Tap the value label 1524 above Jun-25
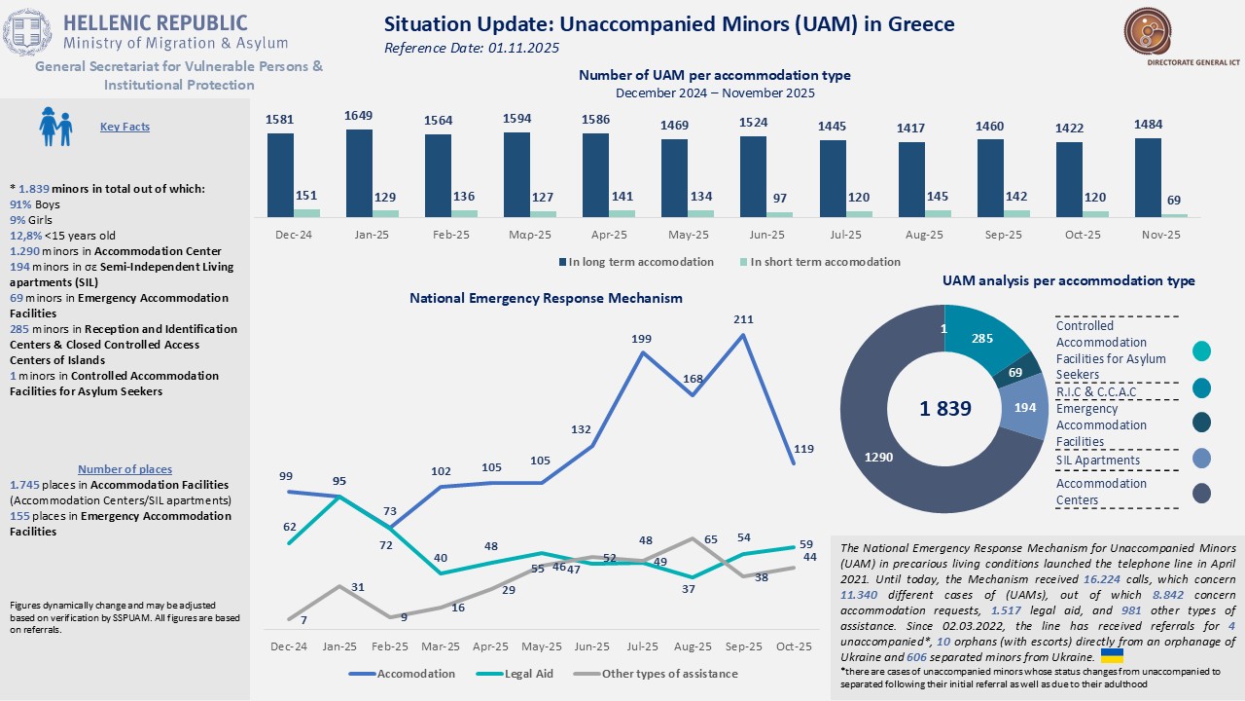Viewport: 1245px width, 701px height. tap(753, 124)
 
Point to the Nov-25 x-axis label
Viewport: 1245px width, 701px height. tap(1160, 235)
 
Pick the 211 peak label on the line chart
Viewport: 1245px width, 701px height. tap(743, 318)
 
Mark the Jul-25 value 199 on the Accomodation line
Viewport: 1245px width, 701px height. tap(641, 339)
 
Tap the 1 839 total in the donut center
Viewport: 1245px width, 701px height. tap(945, 409)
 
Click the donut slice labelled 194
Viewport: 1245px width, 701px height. tap(1025, 407)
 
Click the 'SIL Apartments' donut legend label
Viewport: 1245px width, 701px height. tap(1097, 460)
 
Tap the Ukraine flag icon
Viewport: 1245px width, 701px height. tap(1112, 656)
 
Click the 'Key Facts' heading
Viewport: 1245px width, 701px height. tap(124, 127)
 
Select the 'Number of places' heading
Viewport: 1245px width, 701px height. tap(124, 469)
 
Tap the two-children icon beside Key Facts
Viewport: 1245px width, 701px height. tap(55, 127)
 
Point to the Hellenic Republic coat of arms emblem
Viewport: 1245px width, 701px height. tap(27, 32)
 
